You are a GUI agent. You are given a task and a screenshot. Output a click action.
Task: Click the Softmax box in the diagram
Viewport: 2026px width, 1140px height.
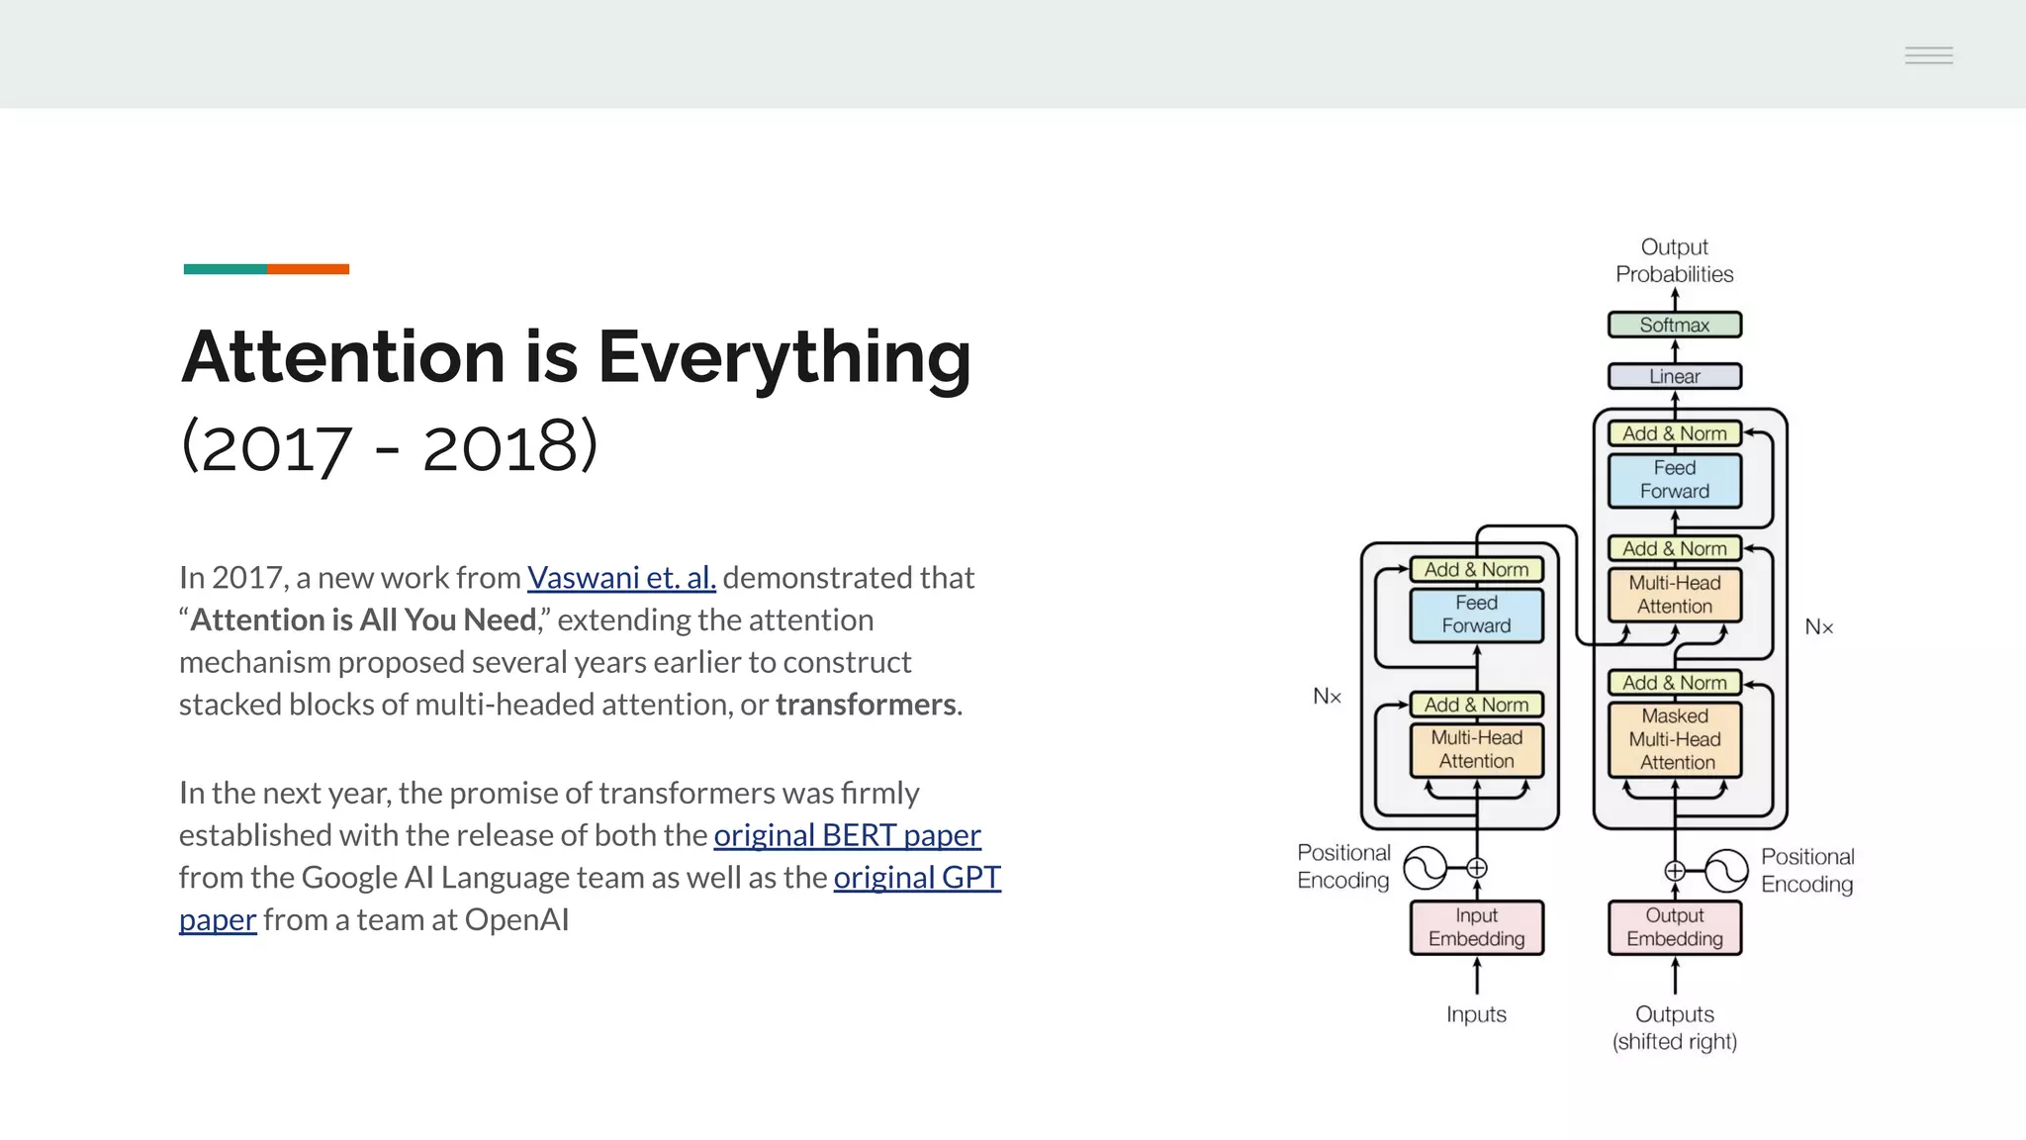(x=1674, y=325)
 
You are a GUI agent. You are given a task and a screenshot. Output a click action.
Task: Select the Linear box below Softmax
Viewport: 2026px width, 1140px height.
(x=1674, y=376)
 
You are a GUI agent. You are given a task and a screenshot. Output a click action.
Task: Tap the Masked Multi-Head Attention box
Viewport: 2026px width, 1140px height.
(x=1674, y=739)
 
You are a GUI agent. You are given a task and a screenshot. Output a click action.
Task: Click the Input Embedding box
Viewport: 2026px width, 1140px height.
(x=1476, y=927)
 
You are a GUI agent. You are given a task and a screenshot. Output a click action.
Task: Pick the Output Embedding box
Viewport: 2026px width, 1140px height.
(x=1674, y=927)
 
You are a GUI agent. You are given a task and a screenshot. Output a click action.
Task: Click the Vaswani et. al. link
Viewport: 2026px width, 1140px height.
(x=621, y=577)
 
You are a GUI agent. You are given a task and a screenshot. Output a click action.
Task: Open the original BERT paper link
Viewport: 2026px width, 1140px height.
(x=847, y=835)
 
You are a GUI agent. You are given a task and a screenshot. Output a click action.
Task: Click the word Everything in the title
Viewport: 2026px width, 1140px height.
(x=784, y=356)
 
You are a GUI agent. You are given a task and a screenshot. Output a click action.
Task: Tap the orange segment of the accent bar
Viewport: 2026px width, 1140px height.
(x=308, y=269)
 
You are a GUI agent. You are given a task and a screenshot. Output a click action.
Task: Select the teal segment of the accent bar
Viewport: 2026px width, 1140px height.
(x=225, y=269)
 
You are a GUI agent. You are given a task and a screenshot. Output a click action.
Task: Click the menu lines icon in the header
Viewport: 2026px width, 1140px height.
(x=1928, y=55)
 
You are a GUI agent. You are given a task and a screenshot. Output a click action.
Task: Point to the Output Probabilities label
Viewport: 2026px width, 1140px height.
(x=1674, y=260)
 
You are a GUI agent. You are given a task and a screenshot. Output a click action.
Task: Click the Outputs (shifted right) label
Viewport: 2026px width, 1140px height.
(x=1674, y=1027)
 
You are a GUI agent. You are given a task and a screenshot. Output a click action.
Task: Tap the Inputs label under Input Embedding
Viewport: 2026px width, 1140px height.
(x=1476, y=1014)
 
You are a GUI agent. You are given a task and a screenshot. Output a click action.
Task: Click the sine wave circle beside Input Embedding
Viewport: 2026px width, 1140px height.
(x=1426, y=868)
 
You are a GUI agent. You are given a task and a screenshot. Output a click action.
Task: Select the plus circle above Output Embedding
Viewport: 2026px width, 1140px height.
(x=1675, y=871)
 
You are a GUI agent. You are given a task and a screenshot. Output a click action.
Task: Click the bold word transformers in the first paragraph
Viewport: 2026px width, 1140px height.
(x=866, y=705)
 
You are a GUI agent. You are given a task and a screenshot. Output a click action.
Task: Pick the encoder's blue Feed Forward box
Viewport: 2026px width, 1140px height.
(x=1476, y=615)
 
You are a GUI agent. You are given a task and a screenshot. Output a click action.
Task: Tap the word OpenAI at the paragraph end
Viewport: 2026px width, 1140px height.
(x=516, y=920)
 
